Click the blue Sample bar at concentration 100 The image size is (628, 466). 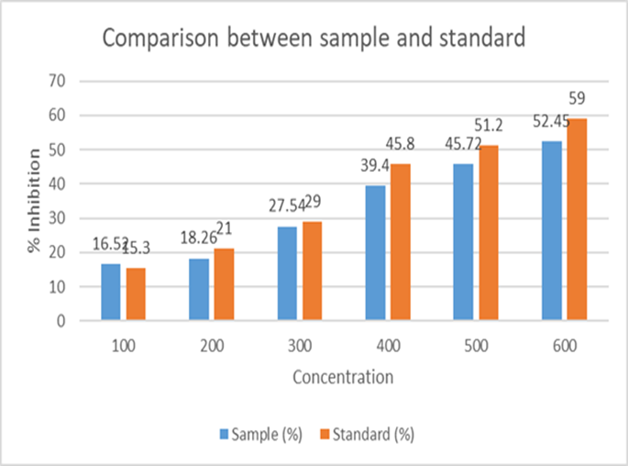pyautogui.click(x=110, y=293)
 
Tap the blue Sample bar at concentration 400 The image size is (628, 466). pyautogui.click(x=375, y=253)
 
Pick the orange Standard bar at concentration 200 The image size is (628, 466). pyautogui.click(x=224, y=284)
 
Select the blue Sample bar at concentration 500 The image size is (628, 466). pyautogui.click(x=463, y=242)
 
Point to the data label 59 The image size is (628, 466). pyautogui.click(x=577, y=98)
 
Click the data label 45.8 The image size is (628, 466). pyautogui.click(x=400, y=144)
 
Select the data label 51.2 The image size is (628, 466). pyautogui.click(x=487, y=126)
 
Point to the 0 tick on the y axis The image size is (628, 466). pyautogui.click(x=61, y=321)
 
